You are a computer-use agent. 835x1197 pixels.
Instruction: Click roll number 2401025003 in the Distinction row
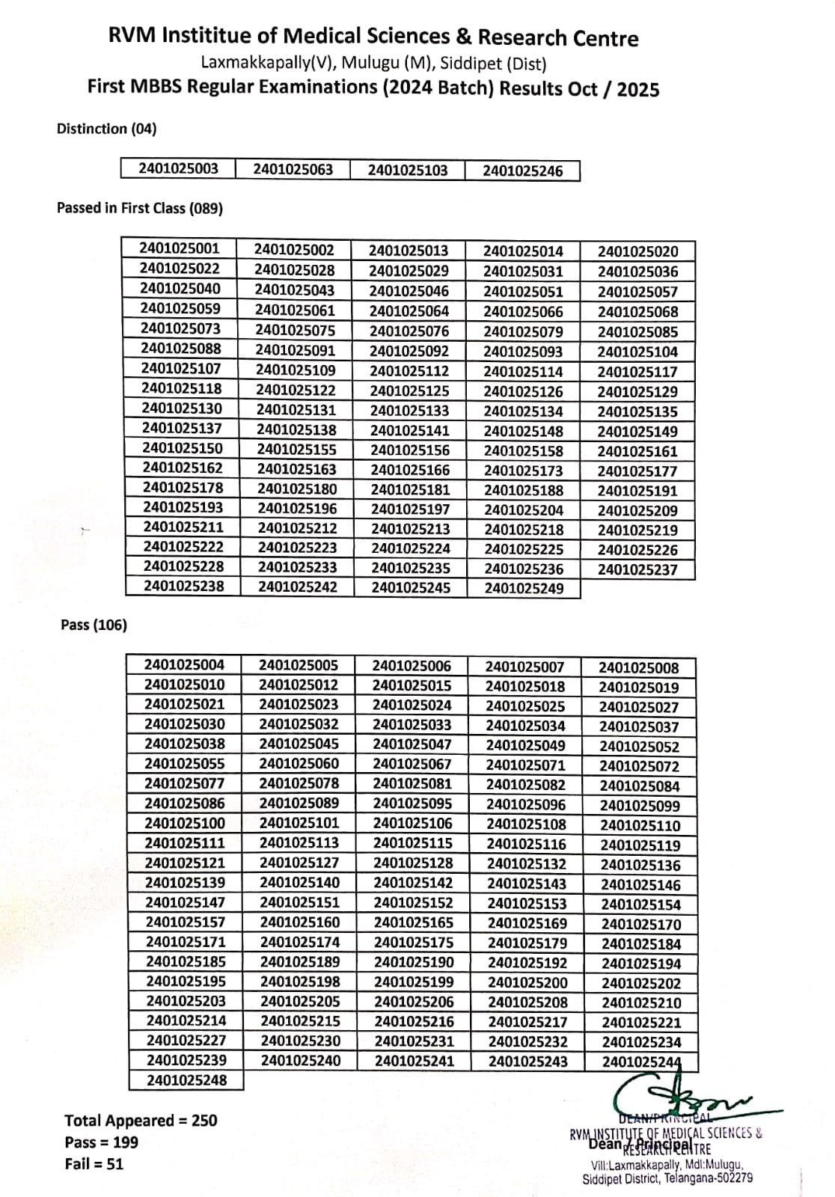(x=178, y=168)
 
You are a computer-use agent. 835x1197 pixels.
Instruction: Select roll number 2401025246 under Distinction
(x=522, y=171)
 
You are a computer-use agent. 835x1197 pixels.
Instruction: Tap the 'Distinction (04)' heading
(x=107, y=129)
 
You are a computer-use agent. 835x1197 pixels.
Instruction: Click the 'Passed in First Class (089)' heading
(x=140, y=209)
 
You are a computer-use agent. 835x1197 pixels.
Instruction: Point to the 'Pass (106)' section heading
(x=94, y=625)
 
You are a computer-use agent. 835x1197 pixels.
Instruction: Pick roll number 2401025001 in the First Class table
(x=180, y=248)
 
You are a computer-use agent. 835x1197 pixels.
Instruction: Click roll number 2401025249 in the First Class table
(x=524, y=588)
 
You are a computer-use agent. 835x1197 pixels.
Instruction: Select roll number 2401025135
(x=637, y=411)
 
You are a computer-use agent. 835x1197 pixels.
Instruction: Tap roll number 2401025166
(x=410, y=470)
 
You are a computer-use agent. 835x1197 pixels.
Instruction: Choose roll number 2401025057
(x=637, y=292)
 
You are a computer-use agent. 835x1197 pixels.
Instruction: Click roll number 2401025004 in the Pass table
(x=184, y=664)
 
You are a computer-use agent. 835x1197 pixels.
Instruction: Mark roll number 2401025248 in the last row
(x=186, y=1080)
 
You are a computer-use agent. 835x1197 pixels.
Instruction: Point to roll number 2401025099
(x=640, y=806)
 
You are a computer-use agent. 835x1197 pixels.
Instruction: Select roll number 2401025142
(x=413, y=883)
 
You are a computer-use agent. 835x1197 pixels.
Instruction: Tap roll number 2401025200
(x=527, y=982)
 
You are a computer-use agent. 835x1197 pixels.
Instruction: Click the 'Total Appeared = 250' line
(x=141, y=1120)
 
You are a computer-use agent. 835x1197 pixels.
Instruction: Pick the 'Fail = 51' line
(x=94, y=1164)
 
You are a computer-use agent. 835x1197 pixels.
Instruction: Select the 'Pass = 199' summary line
(x=101, y=1142)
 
